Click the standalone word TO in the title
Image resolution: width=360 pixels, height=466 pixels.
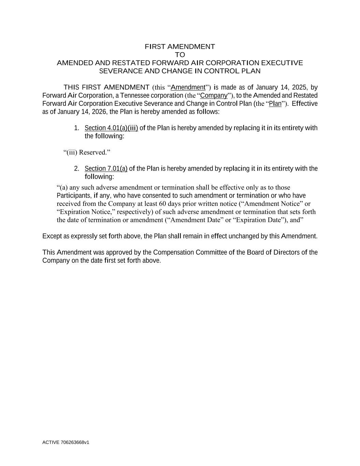(x=180, y=55)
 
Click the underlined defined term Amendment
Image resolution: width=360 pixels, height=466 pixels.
(x=188, y=87)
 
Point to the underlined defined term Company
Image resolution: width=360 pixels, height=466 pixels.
(x=214, y=95)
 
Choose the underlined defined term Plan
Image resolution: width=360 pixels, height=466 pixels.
(x=275, y=103)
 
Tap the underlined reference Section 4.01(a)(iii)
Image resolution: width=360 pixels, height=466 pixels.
(x=111, y=128)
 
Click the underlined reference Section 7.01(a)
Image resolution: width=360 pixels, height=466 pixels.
(x=106, y=169)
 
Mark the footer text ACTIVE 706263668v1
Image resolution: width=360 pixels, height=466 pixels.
(x=66, y=442)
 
